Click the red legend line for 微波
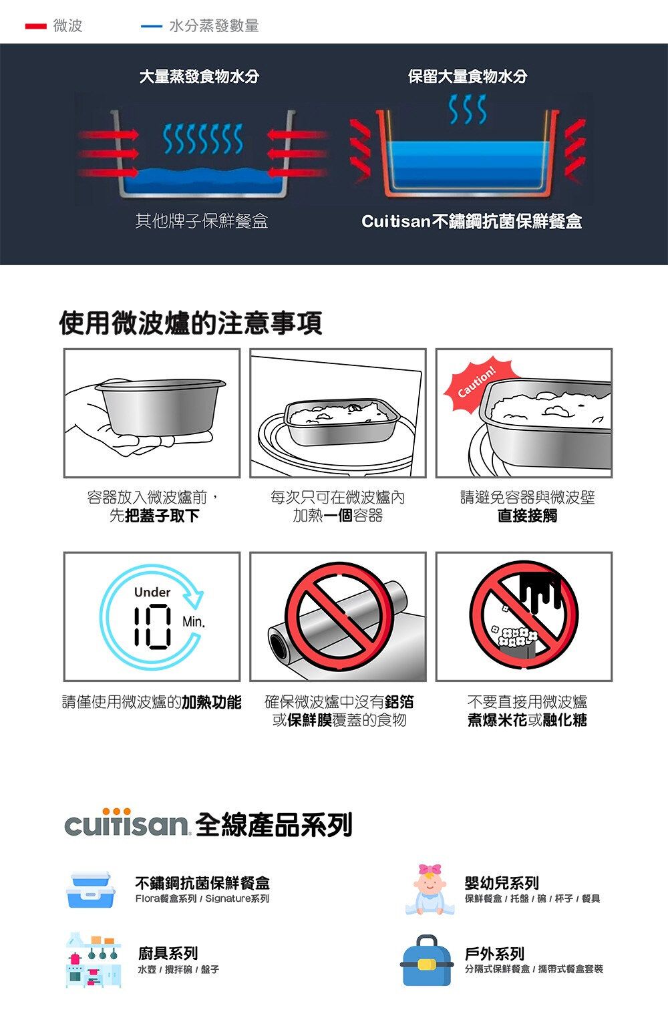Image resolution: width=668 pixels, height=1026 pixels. click(x=35, y=27)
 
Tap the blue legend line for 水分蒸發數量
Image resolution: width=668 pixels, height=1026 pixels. click(x=152, y=27)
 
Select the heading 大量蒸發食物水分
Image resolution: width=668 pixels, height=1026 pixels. click(x=199, y=76)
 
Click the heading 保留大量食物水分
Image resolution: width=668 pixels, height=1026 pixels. click(x=468, y=76)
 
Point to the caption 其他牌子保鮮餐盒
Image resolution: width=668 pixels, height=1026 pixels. click(x=202, y=221)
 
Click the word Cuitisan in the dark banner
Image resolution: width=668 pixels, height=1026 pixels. click(x=395, y=221)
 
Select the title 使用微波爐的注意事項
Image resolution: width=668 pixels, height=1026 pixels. click(x=191, y=323)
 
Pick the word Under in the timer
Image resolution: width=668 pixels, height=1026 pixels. click(x=152, y=592)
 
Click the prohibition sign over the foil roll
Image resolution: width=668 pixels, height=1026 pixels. click(x=339, y=616)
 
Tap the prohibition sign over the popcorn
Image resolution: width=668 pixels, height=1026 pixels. click(x=524, y=616)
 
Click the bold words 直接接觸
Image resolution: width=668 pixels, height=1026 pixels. click(x=528, y=516)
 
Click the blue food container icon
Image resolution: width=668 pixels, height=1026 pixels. click(x=91, y=890)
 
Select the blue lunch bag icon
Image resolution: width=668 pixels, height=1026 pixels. click(x=427, y=961)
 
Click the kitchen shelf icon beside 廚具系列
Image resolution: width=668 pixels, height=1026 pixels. click(x=94, y=961)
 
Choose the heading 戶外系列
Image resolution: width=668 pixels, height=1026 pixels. click(x=494, y=954)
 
